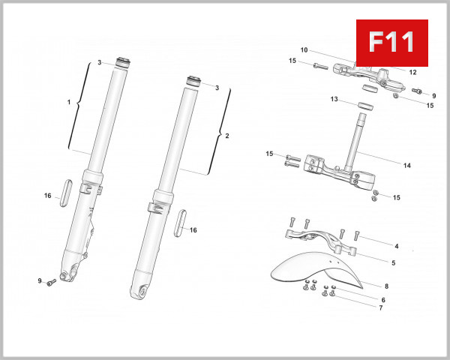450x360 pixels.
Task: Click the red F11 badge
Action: [391, 41]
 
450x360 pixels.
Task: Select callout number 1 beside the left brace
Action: [68, 102]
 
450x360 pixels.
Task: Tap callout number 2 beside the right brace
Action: [227, 136]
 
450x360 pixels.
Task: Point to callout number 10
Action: [304, 50]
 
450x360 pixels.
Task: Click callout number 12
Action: [412, 72]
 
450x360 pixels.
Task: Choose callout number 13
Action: [334, 98]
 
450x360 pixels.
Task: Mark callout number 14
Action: [407, 166]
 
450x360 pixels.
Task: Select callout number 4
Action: [397, 246]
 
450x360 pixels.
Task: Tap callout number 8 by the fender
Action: [386, 286]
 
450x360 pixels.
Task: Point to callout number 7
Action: [380, 307]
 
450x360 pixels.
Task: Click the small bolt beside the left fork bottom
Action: [52, 283]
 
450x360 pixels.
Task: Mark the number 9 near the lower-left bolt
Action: [40, 280]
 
